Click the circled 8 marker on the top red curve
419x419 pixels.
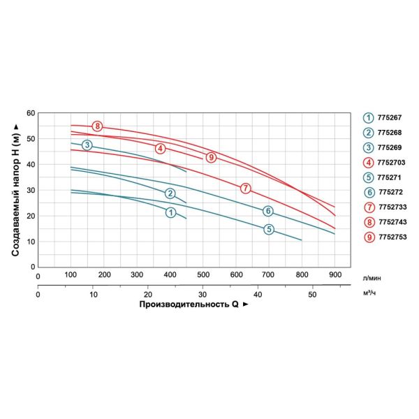(x=98, y=126)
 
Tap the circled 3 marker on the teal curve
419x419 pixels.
(x=87, y=145)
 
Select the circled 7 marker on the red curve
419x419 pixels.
(x=245, y=189)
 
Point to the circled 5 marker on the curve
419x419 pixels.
(x=269, y=230)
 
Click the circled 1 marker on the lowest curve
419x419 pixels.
(x=170, y=212)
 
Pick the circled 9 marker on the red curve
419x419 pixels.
(x=211, y=158)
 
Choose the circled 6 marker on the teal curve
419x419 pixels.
(x=267, y=211)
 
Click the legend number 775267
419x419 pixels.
(x=388, y=118)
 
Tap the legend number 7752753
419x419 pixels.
(x=391, y=237)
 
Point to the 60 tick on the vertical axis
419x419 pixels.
(x=31, y=112)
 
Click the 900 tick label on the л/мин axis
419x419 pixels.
(x=335, y=274)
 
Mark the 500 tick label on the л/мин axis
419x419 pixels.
(x=203, y=274)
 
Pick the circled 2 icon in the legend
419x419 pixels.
(x=367, y=133)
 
